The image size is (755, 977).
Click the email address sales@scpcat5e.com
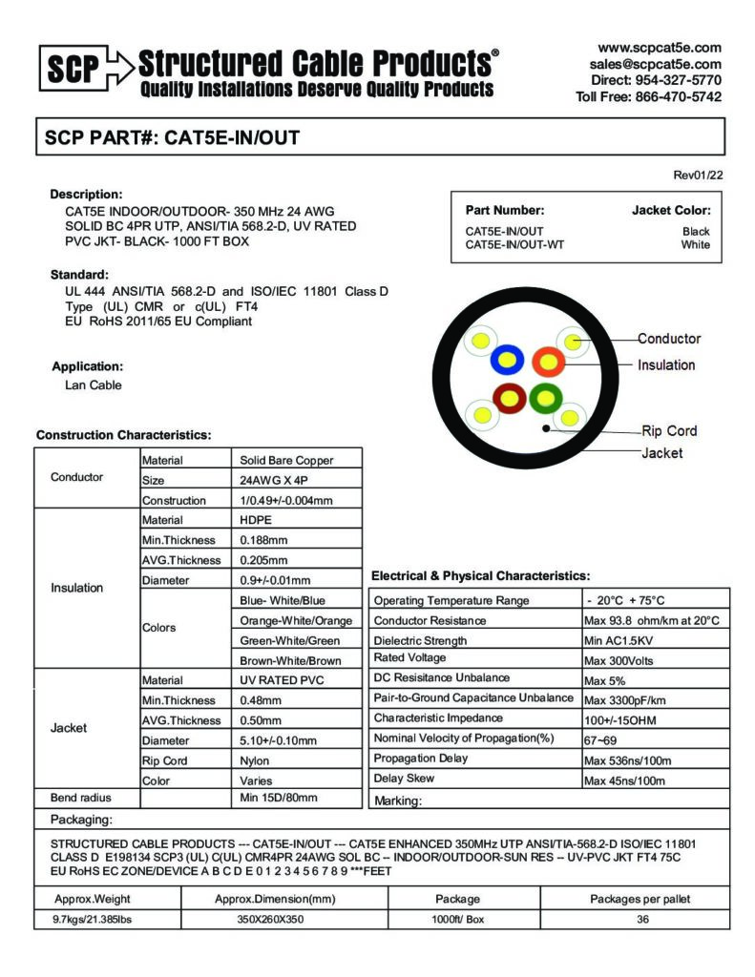(655, 64)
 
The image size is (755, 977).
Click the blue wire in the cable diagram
(507, 361)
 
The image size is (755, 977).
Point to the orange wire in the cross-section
(548, 362)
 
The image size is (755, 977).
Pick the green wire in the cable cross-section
(546, 396)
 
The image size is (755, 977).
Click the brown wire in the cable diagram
(508, 396)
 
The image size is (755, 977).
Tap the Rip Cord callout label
(669, 430)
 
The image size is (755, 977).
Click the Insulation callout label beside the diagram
(666, 364)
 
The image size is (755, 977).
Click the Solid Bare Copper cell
(286, 460)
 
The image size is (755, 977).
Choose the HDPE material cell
(256, 520)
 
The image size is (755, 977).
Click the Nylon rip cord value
(255, 760)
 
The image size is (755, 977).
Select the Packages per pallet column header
(640, 899)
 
